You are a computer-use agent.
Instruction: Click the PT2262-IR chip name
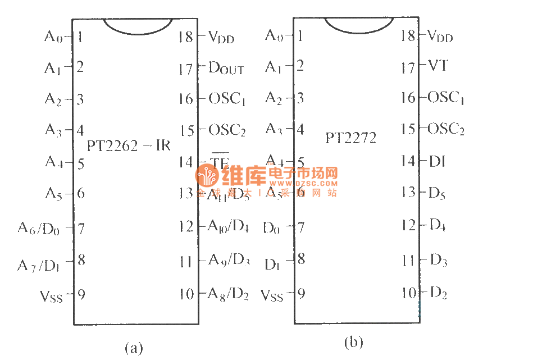tap(129, 145)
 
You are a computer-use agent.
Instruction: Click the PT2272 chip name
tap(351, 137)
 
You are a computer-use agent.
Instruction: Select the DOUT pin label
tap(226, 69)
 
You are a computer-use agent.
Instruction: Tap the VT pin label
tap(438, 66)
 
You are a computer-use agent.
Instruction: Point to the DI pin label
tap(437, 161)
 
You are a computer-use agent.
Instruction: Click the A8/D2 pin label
tap(228, 294)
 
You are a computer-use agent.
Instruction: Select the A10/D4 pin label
tap(228, 226)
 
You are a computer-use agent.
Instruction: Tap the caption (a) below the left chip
tap(134, 348)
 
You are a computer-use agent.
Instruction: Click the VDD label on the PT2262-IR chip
tap(221, 38)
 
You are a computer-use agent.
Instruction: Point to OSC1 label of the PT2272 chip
tap(446, 98)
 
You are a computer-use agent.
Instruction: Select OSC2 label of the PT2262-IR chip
tap(227, 131)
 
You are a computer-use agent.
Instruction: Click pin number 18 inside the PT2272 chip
tap(408, 35)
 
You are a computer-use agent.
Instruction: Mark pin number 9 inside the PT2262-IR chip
tap(81, 294)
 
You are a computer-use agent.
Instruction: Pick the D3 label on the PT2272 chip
tap(438, 260)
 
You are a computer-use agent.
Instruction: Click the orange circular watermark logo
tap(207, 177)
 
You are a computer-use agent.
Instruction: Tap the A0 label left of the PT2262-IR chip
tap(54, 37)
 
